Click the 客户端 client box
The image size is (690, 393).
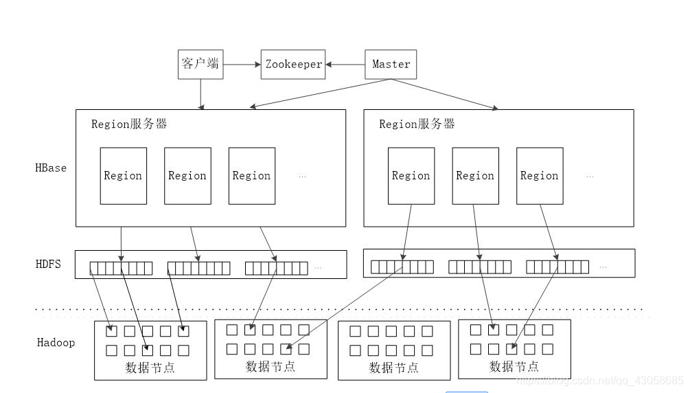tap(200, 64)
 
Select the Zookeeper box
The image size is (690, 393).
tap(293, 64)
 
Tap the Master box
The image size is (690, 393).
tap(391, 64)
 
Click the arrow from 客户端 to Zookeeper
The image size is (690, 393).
tap(242, 64)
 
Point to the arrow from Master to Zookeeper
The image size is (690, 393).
tap(345, 64)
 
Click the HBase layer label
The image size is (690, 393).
tap(51, 168)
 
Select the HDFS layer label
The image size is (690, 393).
tap(48, 264)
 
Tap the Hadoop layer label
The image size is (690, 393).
tap(56, 342)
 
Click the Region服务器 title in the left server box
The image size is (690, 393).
tap(129, 124)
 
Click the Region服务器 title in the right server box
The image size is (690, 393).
tap(417, 124)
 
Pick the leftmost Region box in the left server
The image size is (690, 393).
tap(123, 176)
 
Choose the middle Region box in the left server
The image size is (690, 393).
tap(187, 176)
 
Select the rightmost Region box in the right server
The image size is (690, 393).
tap(540, 176)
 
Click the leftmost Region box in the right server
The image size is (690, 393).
tap(411, 176)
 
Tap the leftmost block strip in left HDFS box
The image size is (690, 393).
tap(121, 268)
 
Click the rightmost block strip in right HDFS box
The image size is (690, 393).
tap(557, 267)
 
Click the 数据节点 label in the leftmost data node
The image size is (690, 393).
tap(150, 368)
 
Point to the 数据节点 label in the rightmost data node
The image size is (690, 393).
tap(514, 366)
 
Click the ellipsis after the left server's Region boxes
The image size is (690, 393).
tap(302, 177)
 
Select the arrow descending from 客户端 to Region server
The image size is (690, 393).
tap(200, 93)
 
